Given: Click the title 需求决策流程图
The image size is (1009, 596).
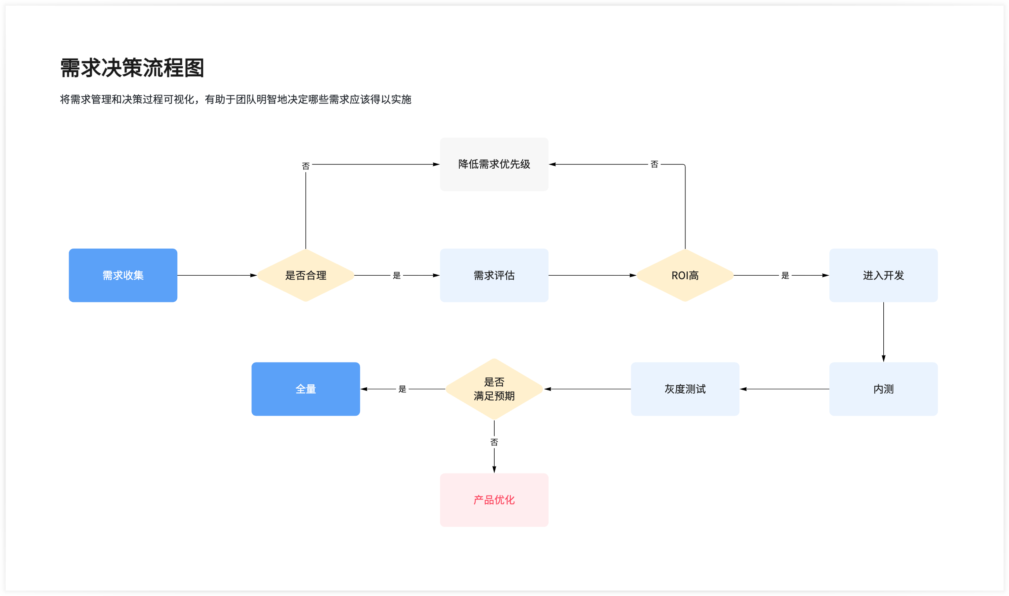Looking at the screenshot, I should click(x=132, y=67).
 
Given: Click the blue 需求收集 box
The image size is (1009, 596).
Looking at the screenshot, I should click(x=123, y=275).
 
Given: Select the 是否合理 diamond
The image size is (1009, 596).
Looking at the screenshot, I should click(x=305, y=275).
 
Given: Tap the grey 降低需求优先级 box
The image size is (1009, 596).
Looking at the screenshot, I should click(x=494, y=164).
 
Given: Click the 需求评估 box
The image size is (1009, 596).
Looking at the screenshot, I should click(x=494, y=275).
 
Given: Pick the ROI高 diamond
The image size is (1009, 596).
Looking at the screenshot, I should click(x=685, y=275).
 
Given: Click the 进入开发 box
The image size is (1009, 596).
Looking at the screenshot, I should click(x=883, y=275).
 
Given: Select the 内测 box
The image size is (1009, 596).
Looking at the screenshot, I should click(x=883, y=389).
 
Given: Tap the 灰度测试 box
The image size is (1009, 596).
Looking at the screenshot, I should click(x=684, y=389).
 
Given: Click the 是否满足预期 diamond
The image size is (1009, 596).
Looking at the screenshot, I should click(x=494, y=389).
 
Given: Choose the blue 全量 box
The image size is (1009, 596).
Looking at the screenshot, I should click(x=305, y=389).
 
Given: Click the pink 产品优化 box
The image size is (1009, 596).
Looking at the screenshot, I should click(x=494, y=499).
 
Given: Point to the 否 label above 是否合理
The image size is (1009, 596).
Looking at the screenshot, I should click(x=306, y=166).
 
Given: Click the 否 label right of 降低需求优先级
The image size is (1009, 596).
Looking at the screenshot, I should click(x=654, y=164).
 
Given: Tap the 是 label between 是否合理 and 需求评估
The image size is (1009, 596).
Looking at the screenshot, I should click(x=396, y=275).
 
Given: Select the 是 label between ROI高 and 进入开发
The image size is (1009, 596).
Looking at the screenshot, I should click(x=785, y=275).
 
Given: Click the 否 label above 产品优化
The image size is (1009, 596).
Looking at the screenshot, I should click(x=494, y=442).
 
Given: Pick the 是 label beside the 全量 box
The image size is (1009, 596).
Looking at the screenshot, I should click(x=402, y=389).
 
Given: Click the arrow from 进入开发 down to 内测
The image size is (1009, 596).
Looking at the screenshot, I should click(x=883, y=331).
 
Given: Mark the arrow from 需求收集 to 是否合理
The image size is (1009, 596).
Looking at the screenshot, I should click(x=217, y=275).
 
